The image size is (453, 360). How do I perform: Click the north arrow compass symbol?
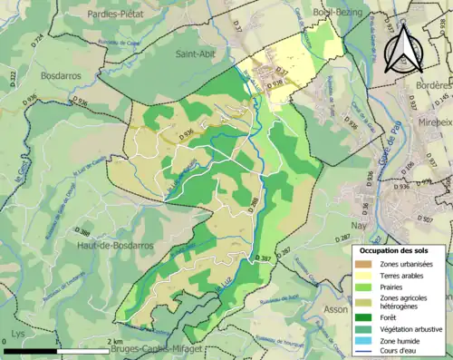403,47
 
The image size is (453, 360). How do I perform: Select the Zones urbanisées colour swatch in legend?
365,264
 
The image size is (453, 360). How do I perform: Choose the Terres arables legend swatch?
365,277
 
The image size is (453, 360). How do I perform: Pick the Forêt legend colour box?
365,317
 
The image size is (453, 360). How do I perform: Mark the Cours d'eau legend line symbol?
365,355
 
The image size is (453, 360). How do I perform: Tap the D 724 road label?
37,40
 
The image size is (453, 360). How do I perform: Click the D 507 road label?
443,219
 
